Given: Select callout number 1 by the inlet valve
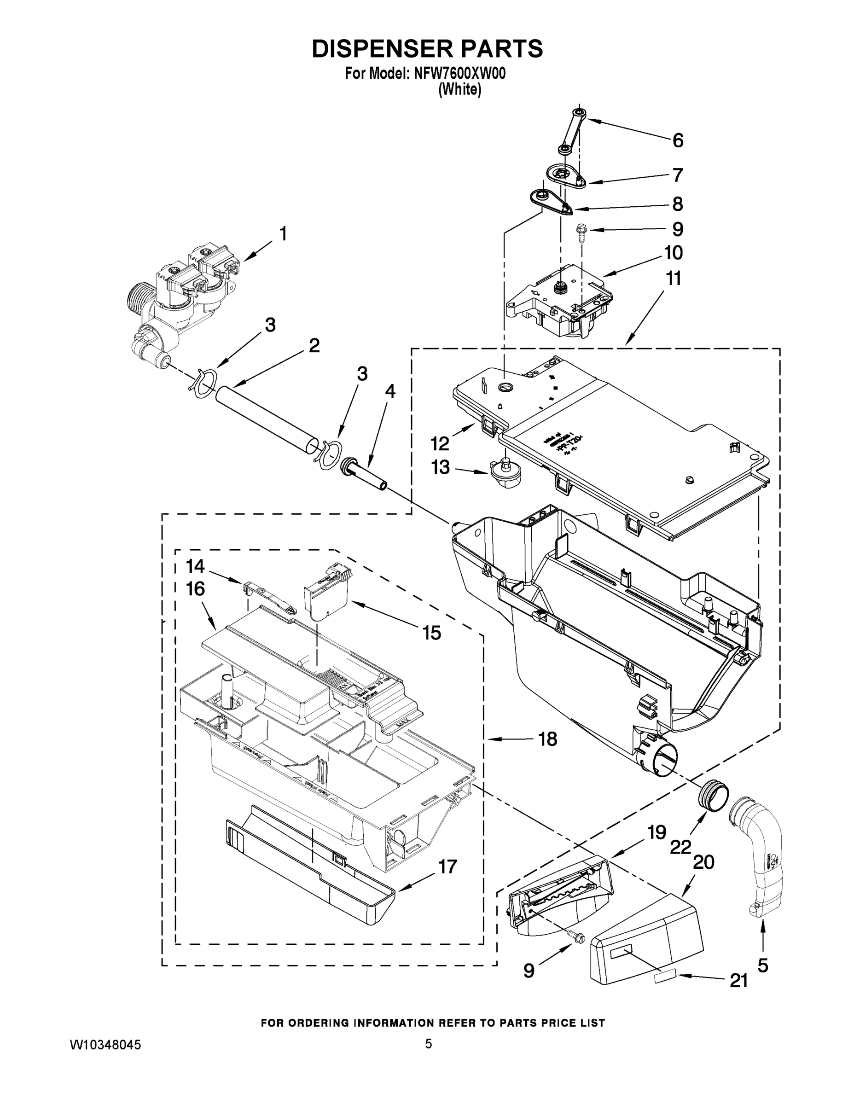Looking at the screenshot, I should pos(283,234).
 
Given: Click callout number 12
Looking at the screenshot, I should pos(440,444).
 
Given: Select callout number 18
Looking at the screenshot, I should pos(547,739).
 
